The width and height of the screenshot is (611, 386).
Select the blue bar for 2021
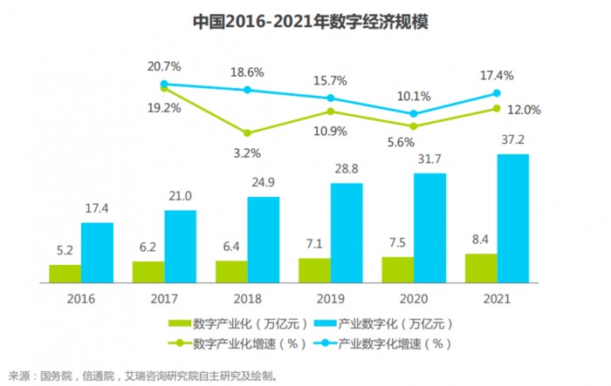[512, 218]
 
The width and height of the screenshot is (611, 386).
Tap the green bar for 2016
[65, 274]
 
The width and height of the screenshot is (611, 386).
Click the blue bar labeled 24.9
[263, 240]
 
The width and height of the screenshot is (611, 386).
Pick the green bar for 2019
[314, 270]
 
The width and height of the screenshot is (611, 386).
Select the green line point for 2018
[247, 133]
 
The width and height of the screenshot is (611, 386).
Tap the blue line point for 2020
[413, 113]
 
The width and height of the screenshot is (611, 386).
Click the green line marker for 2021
[497, 108]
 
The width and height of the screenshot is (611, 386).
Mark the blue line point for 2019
[330, 98]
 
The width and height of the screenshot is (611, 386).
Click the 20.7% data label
[164, 66]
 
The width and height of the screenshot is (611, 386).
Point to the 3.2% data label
[248, 153]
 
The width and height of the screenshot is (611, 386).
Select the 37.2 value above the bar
[513, 139]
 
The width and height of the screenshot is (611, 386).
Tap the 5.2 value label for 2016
[65, 249]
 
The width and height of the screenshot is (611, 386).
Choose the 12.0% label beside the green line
[525, 110]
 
